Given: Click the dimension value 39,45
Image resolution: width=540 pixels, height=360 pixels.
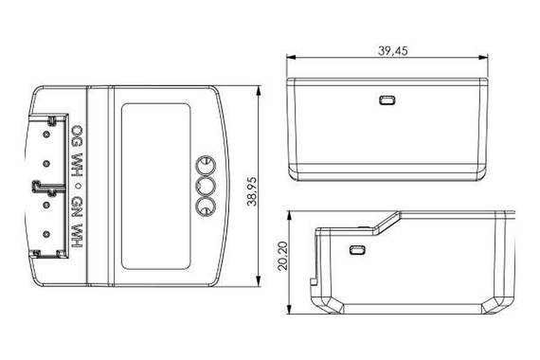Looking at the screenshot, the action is point(392,50).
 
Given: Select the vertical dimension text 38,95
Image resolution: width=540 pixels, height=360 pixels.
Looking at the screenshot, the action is point(252,191).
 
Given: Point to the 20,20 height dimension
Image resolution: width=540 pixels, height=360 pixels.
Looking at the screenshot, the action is point(282,256).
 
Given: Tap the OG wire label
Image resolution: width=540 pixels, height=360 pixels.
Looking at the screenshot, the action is point(77,135).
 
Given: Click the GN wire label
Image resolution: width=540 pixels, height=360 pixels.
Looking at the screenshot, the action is point(77,207).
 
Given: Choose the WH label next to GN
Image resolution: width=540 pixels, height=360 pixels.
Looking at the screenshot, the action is point(77,235).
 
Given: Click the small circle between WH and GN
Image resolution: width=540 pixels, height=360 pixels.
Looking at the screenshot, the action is point(78,186).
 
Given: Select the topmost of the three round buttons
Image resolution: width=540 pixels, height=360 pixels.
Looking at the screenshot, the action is point(206,166).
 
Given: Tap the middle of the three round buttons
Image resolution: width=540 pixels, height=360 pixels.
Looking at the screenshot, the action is point(206,187).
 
